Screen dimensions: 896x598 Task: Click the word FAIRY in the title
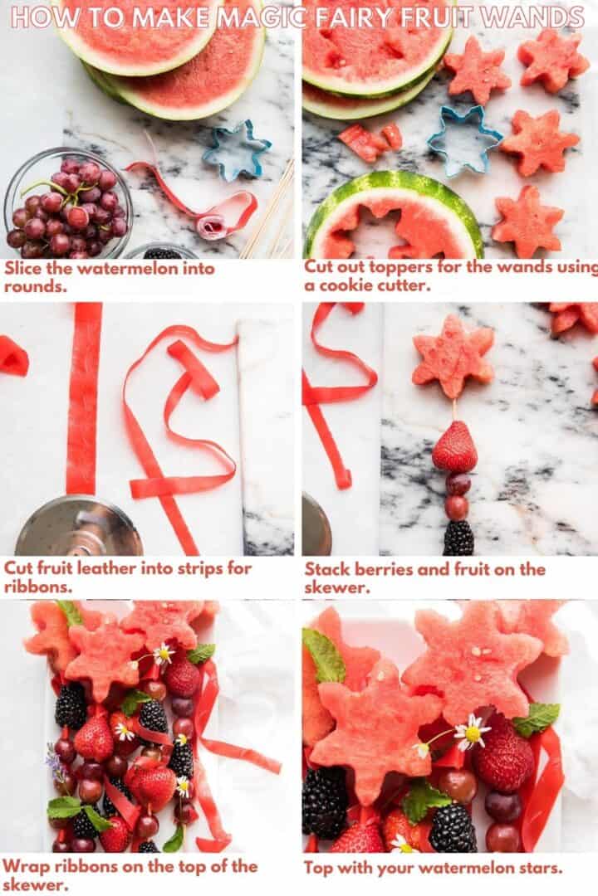click(x=354, y=17)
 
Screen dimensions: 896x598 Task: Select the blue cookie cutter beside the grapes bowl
click(x=237, y=149)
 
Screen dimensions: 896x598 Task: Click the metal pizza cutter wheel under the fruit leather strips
click(x=79, y=528)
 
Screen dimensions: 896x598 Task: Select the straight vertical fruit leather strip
click(x=83, y=398)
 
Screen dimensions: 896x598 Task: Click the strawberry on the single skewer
click(x=454, y=448)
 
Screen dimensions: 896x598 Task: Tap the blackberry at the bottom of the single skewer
click(x=458, y=538)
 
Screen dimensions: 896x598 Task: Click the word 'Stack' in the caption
click(x=326, y=569)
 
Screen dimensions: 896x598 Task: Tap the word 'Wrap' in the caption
click(x=24, y=867)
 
